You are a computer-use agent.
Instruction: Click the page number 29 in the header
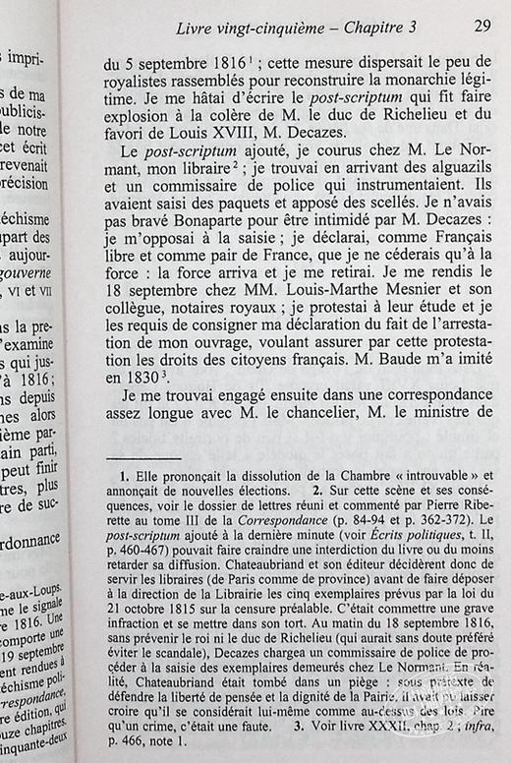tap(482, 28)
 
